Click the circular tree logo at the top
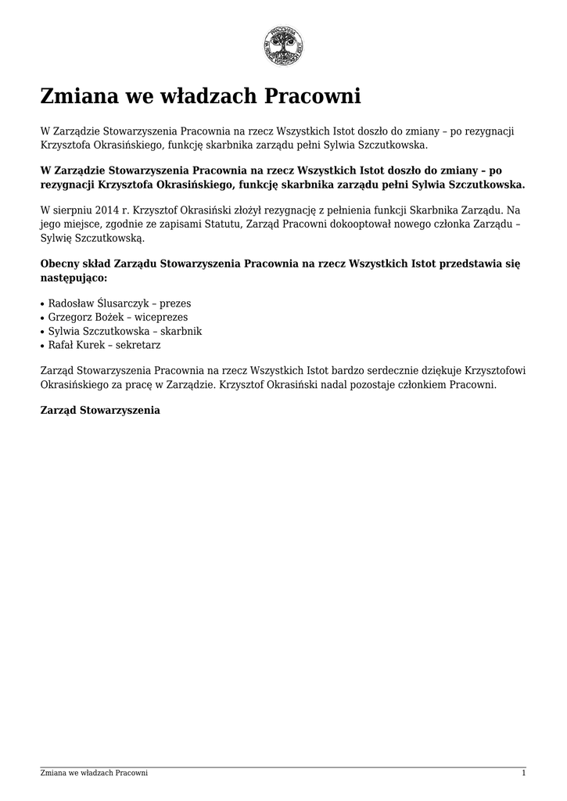click(x=283, y=46)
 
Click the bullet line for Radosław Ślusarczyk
click(x=119, y=303)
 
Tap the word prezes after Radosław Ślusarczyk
click(x=175, y=303)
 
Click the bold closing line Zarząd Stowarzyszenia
click(x=100, y=410)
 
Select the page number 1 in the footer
click(x=523, y=774)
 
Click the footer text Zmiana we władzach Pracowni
click(x=94, y=774)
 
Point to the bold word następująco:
click(x=74, y=278)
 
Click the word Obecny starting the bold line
click(x=61, y=264)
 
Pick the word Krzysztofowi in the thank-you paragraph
click(x=495, y=371)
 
